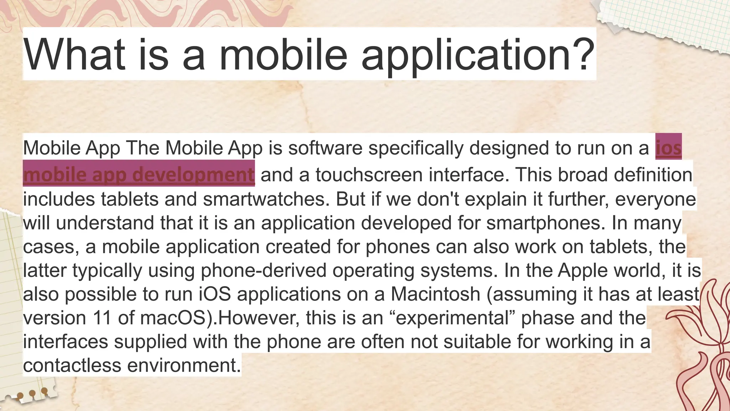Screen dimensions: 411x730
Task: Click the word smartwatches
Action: [266, 199]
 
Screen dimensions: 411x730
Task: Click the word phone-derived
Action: [263, 270]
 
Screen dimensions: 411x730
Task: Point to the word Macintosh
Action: [435, 294]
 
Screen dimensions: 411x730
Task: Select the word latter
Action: [45, 270]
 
